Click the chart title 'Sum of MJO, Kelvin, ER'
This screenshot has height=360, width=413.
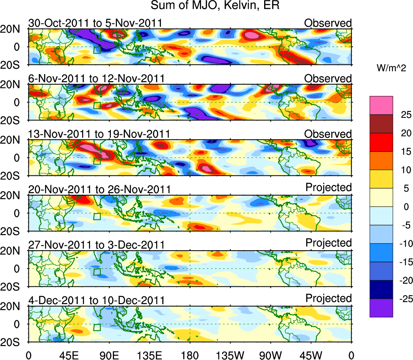(215, 6)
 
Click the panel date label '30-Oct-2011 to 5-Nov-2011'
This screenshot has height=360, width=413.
(95, 23)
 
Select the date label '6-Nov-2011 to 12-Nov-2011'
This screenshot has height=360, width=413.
(96, 79)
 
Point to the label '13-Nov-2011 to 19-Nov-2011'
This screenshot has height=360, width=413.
(99, 134)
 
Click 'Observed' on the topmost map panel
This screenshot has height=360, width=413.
(328, 23)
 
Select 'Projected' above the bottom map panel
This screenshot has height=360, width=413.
(328, 298)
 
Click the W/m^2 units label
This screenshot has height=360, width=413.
(391, 69)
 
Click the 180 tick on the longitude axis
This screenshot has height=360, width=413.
(190, 355)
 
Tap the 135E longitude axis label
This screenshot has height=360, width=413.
(149, 355)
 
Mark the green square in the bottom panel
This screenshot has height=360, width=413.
(97, 327)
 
